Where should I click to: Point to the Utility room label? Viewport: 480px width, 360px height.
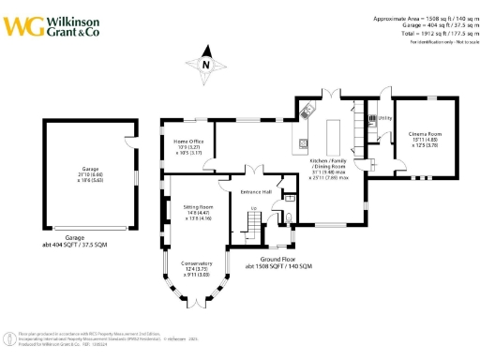384,118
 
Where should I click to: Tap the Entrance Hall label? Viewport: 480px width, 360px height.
256,192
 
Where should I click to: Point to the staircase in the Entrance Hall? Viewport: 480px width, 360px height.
251,223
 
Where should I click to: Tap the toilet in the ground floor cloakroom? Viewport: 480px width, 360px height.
288,218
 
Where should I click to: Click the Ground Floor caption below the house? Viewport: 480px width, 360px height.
278,262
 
